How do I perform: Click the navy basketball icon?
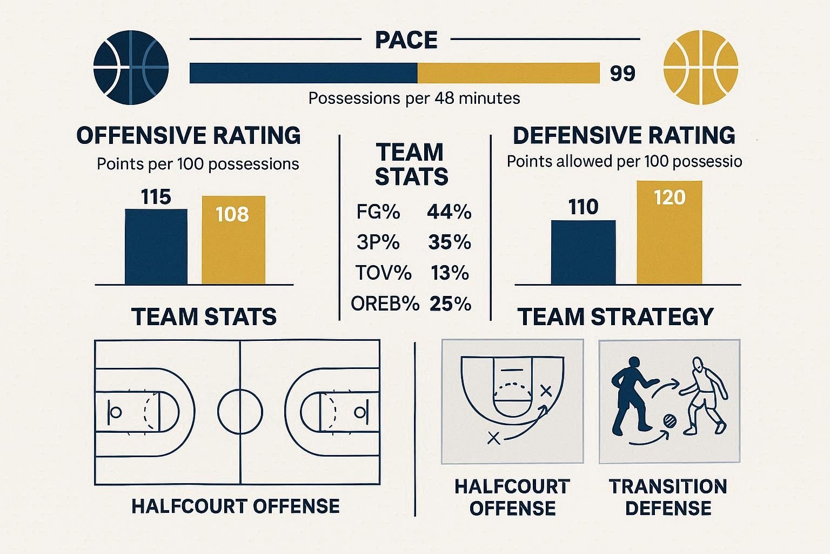click(131, 68)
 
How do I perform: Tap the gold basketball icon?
click(700, 68)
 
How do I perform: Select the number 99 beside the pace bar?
click(622, 73)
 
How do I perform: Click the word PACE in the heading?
click(406, 40)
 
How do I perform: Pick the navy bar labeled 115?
click(156, 246)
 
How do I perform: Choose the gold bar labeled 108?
click(233, 240)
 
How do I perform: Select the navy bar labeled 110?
click(583, 252)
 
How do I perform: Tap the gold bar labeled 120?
click(670, 232)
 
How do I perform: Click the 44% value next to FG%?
click(449, 212)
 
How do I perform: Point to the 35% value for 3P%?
click(450, 242)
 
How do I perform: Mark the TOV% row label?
click(383, 273)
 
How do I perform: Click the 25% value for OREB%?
click(450, 304)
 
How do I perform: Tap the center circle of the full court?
click(240, 411)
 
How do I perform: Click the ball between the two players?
click(670, 421)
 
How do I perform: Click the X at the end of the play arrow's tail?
click(493, 438)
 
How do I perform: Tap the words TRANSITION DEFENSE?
click(668, 497)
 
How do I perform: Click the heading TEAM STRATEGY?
click(615, 316)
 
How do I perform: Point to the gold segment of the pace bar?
click(508, 73)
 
